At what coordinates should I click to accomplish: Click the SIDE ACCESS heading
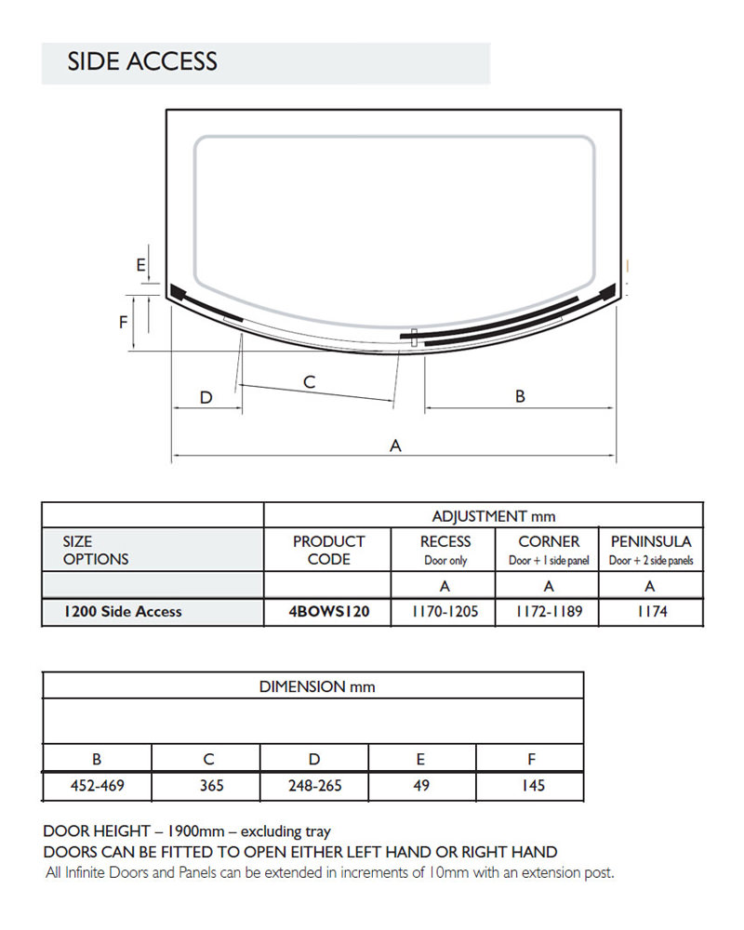pos(142,62)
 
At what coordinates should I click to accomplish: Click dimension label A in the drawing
pos(395,446)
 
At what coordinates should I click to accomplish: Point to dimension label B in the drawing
pos(520,396)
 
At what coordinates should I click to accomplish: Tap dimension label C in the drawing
pos(310,382)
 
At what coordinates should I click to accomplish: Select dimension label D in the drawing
pos(206,398)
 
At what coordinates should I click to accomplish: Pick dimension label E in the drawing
pos(141,265)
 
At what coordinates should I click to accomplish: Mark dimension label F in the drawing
pos(123,323)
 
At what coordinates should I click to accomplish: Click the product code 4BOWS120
pos(328,611)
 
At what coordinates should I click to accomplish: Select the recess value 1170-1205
pos(445,611)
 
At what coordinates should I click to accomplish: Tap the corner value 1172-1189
pos(549,611)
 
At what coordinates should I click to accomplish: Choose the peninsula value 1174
pos(650,611)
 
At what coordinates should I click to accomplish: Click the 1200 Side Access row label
pos(123,611)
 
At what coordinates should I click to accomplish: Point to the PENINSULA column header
pos(651,541)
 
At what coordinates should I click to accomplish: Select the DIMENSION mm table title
pos(317,686)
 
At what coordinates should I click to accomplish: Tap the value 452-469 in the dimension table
pos(98,786)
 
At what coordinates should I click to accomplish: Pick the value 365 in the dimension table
pos(211,786)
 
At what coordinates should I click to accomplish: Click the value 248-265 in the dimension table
pos(314,786)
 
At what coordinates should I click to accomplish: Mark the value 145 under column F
pos(533,786)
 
